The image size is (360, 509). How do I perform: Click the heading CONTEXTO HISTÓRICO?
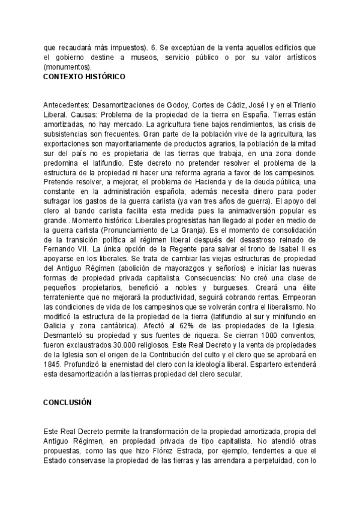[84, 77]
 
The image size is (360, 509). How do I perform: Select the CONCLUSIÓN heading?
[67, 402]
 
